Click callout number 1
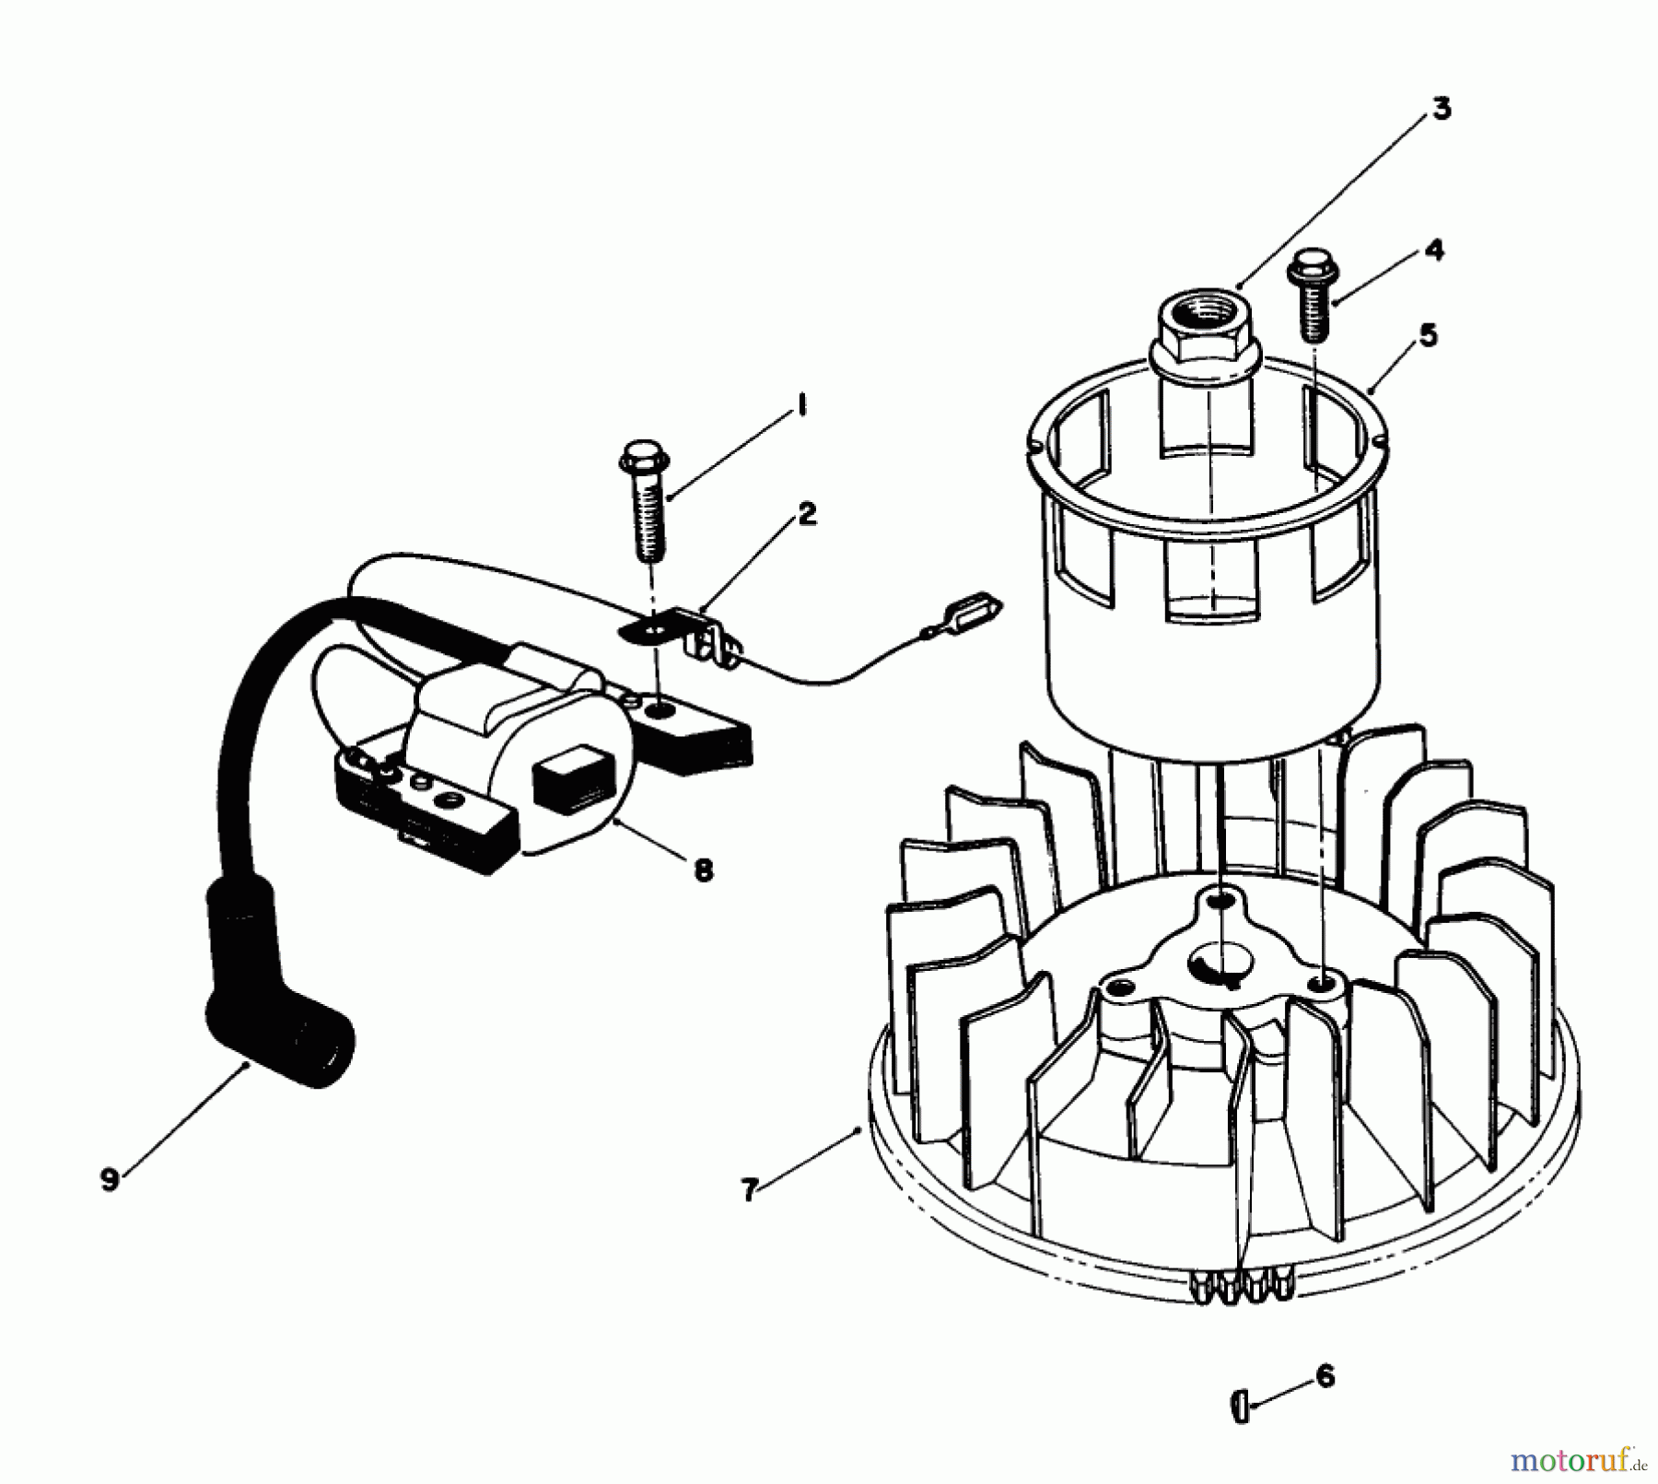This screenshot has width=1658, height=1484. tap(800, 404)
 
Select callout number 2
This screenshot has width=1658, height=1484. tap(807, 515)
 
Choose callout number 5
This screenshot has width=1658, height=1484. tap(1427, 335)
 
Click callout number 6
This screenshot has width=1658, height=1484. tap(1325, 1375)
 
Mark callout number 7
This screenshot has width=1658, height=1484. tap(749, 1190)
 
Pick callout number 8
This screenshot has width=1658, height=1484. tap(703, 870)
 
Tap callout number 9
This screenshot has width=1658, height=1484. tap(110, 1180)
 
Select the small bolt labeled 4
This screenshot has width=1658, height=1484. tap(1311, 295)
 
